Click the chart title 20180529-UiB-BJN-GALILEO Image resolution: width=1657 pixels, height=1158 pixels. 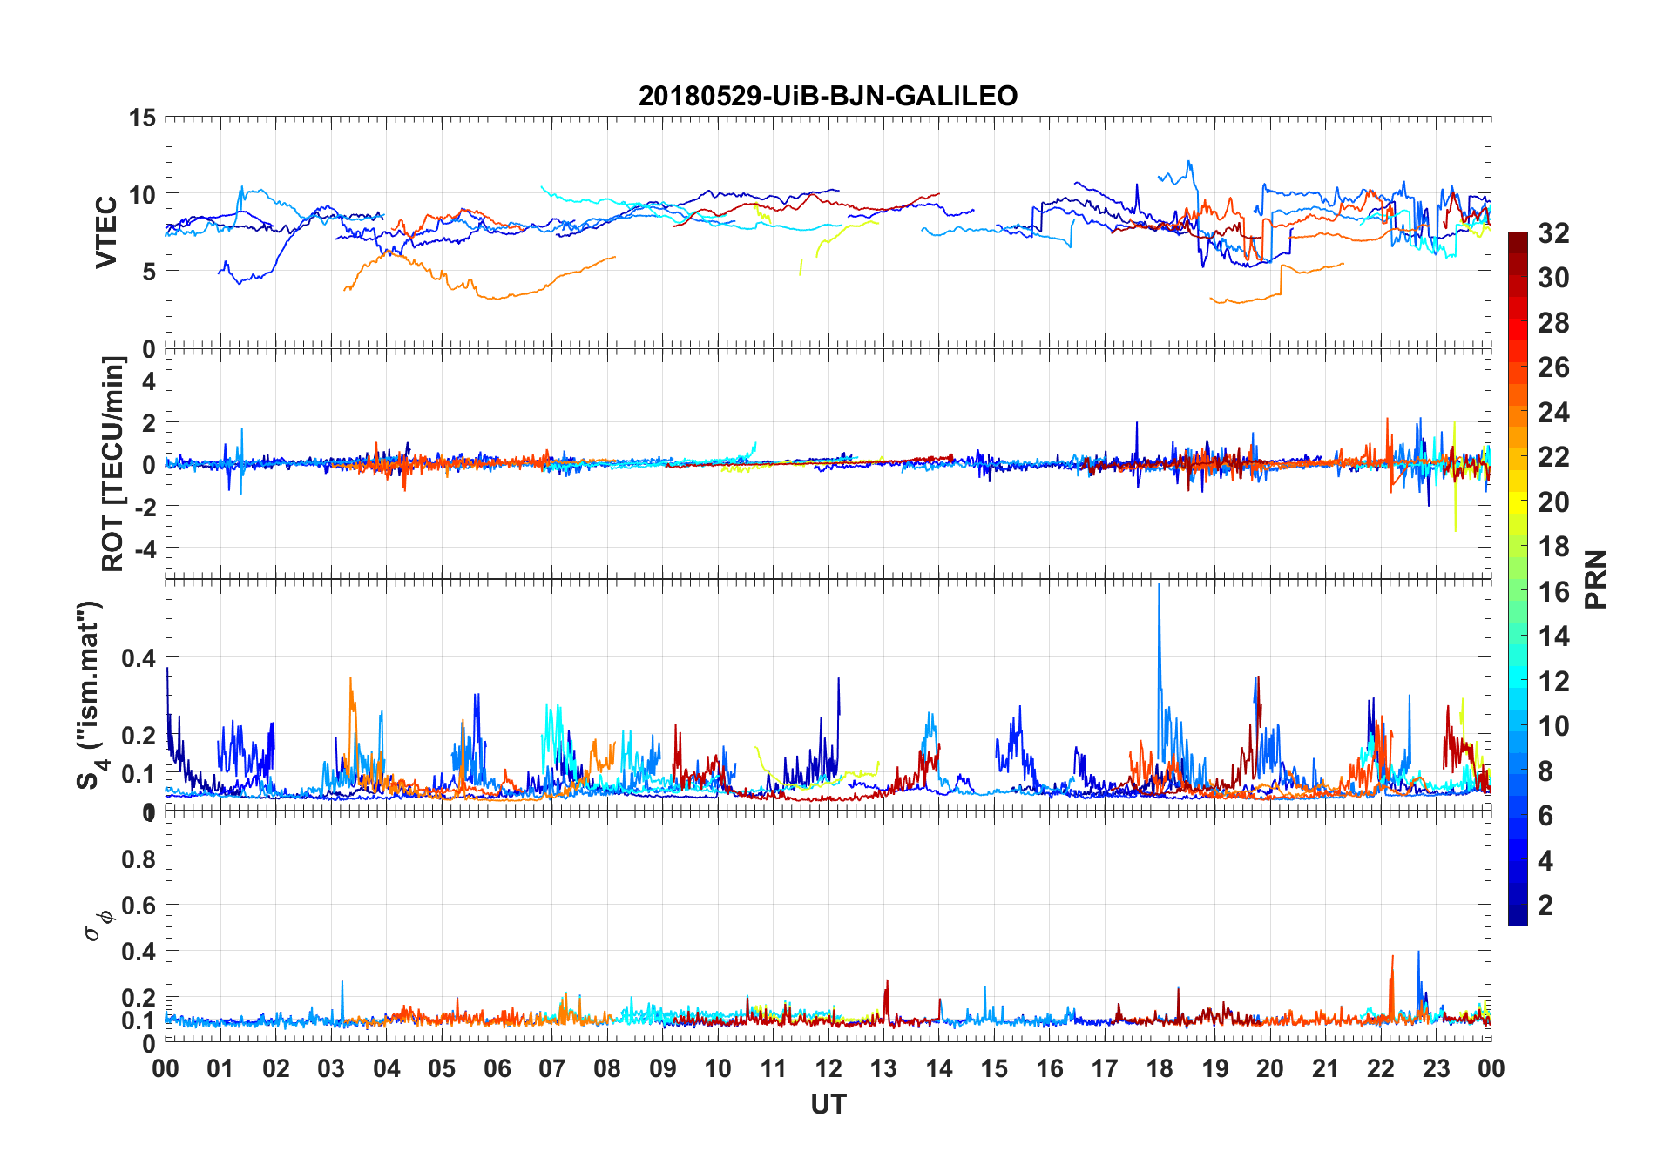[x=828, y=96]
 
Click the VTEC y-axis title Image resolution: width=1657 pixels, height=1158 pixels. [x=106, y=232]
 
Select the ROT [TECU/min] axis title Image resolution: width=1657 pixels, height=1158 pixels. [x=113, y=463]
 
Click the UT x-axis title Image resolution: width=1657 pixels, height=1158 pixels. [x=828, y=1105]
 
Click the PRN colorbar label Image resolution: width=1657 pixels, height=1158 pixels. [x=1596, y=579]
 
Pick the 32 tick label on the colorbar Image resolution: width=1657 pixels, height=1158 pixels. [x=1553, y=233]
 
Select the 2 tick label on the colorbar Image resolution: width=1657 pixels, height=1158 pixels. [x=1545, y=906]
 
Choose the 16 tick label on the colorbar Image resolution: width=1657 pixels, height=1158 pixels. [x=1553, y=592]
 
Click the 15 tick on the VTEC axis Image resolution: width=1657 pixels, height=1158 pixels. [x=142, y=118]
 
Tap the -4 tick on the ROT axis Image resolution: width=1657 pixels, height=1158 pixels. [x=146, y=549]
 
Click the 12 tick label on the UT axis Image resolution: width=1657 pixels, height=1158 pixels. [x=828, y=1069]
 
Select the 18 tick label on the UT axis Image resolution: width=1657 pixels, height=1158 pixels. [x=1160, y=1069]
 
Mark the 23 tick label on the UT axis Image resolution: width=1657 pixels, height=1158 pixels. [x=1436, y=1069]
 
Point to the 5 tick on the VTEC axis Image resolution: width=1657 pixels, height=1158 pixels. [x=148, y=272]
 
